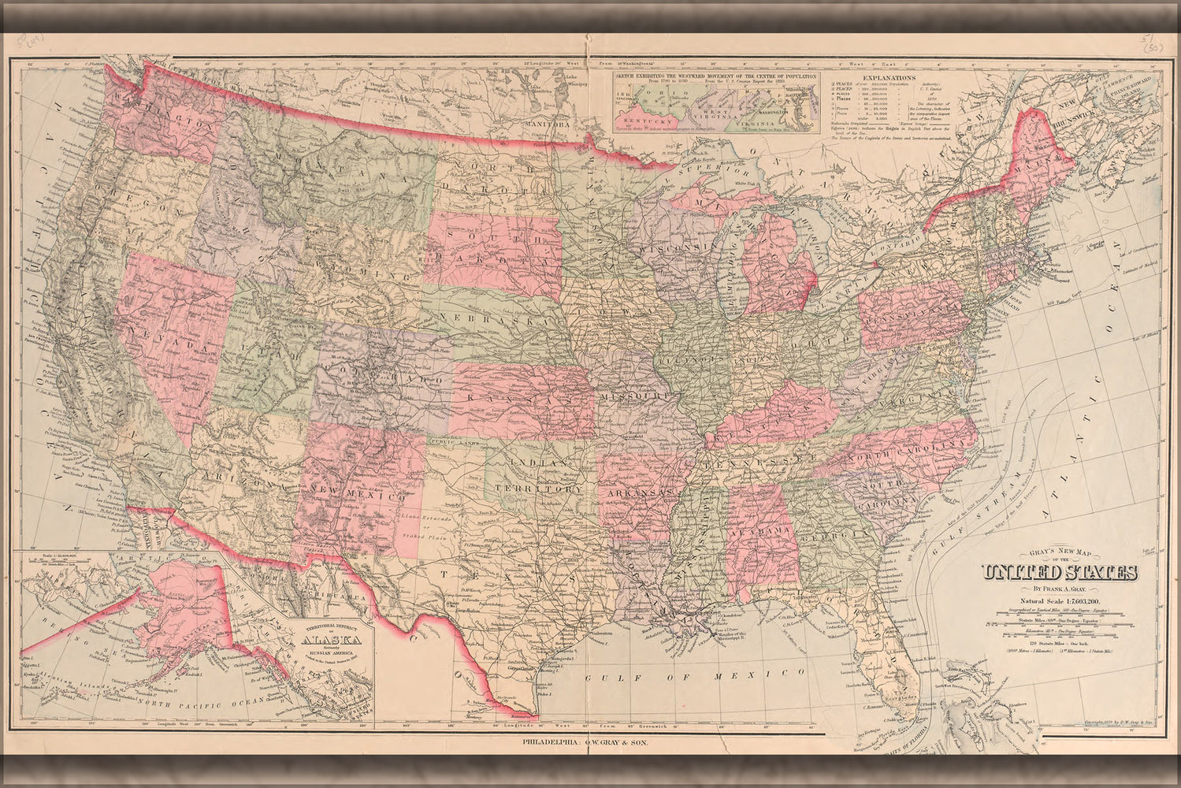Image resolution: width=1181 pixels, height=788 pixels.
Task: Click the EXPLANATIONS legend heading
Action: pyautogui.click(x=889, y=79)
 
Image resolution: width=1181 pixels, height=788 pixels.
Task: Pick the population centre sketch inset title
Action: pyautogui.click(x=715, y=76)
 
